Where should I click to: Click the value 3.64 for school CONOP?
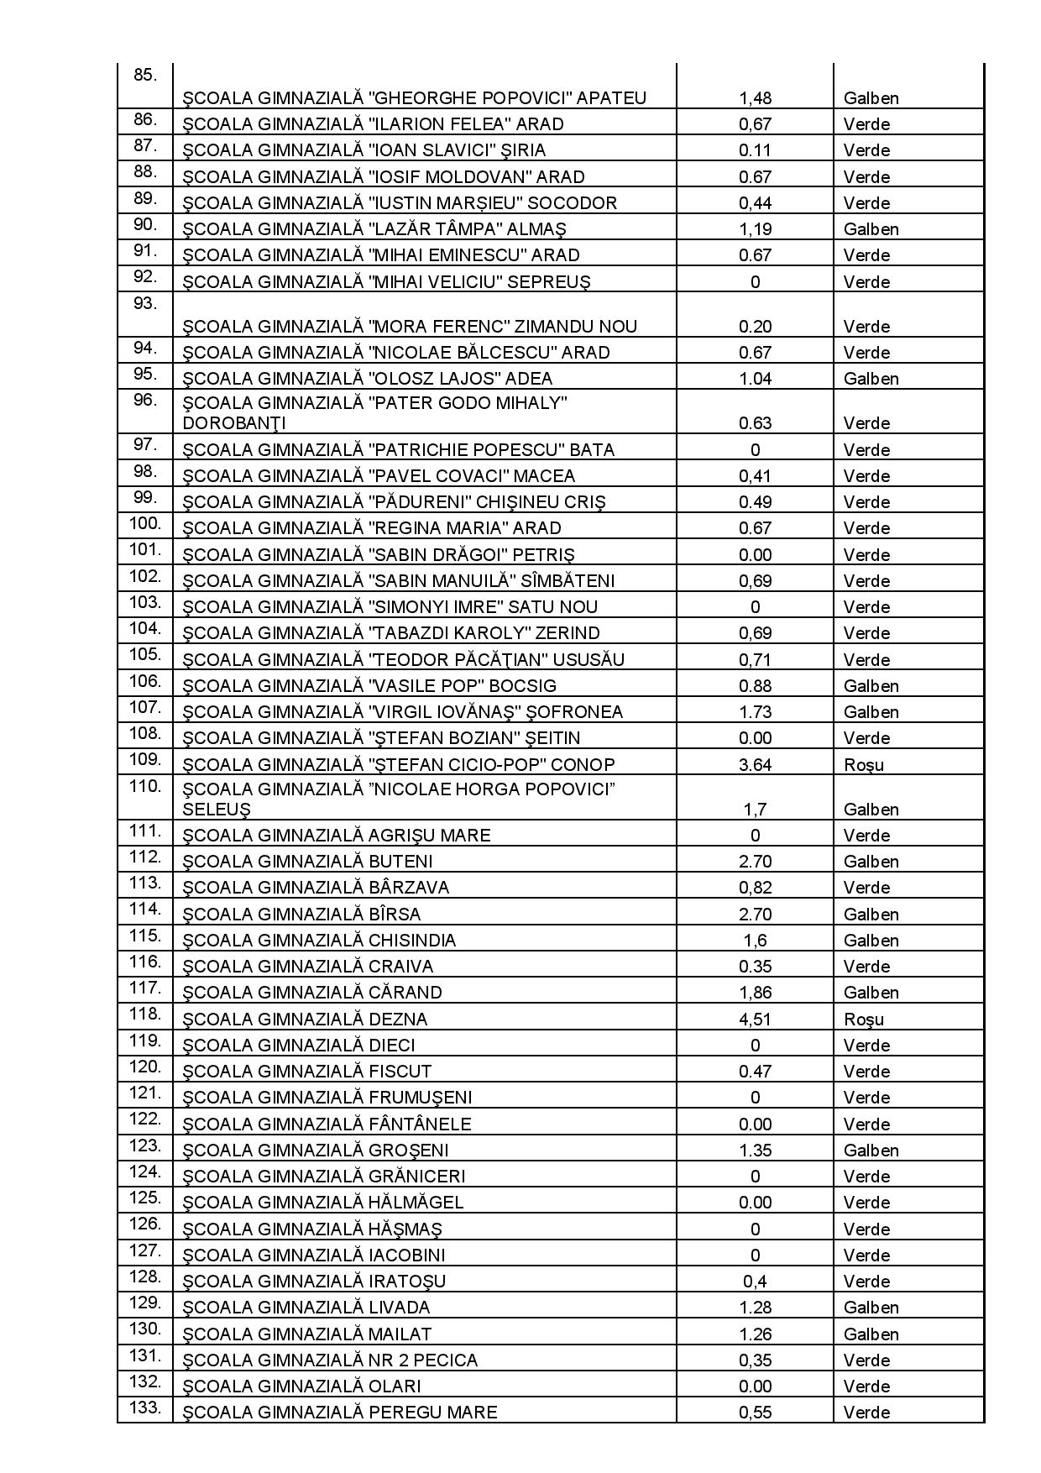pos(755,765)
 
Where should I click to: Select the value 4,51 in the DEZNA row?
pos(755,1020)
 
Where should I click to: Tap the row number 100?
pos(144,524)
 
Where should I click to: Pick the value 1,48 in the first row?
pos(755,98)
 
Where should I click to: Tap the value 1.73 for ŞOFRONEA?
pos(755,712)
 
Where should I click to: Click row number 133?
pos(144,1408)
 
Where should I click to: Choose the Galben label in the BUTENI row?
pos(871,862)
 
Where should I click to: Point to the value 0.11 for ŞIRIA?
pos(755,150)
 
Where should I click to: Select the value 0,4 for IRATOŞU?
pos(755,1282)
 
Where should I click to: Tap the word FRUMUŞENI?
pos(420,1098)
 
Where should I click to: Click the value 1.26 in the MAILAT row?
pos(755,1334)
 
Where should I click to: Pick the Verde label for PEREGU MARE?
pos(866,1413)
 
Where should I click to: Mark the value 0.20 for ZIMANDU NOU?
pos(755,327)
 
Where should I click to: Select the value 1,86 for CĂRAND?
pos(755,993)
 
